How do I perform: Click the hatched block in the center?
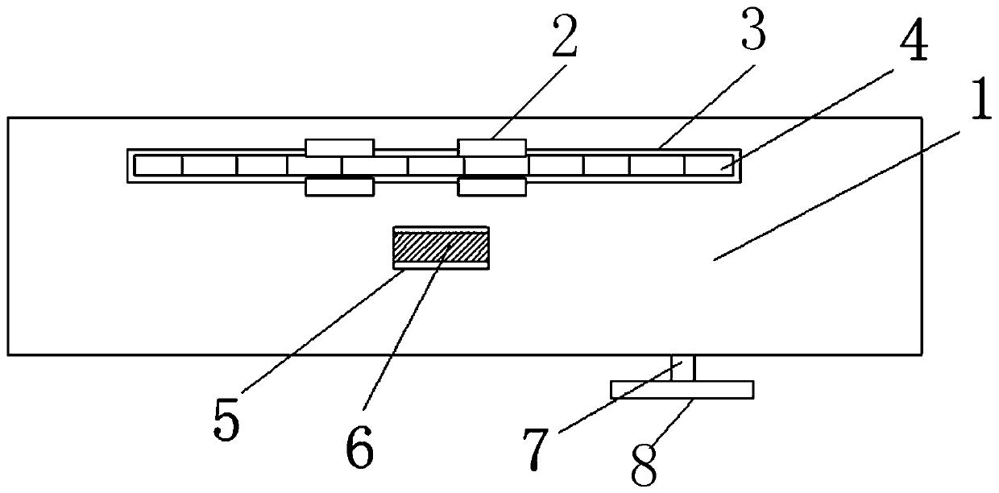[440, 247]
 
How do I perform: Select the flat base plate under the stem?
[682, 390]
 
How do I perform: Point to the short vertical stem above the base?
[683, 369]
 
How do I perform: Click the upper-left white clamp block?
[339, 147]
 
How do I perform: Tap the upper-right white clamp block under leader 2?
[491, 147]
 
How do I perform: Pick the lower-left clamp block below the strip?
[339, 187]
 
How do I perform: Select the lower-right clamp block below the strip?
[491, 187]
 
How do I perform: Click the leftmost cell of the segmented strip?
[159, 166]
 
